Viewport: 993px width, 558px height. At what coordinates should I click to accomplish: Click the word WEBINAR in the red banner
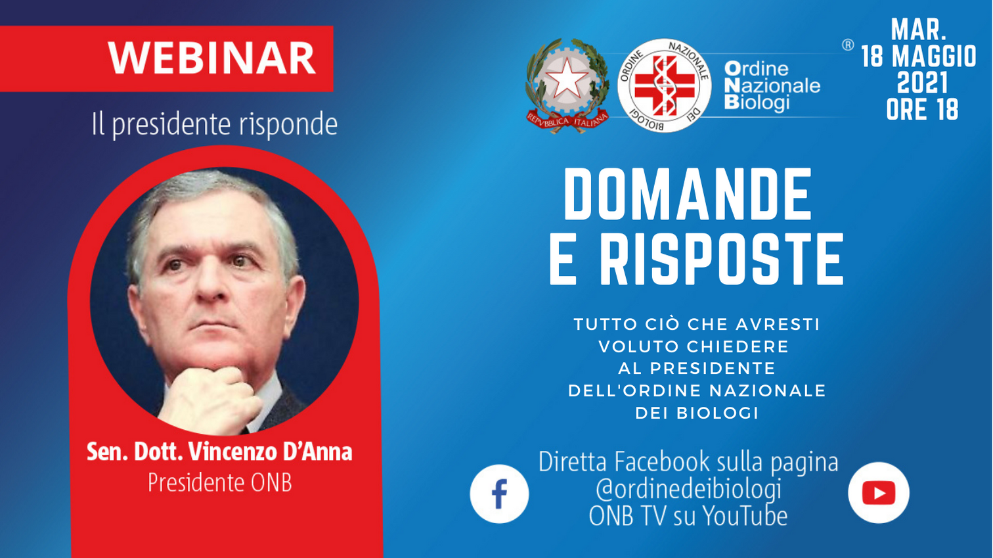212,58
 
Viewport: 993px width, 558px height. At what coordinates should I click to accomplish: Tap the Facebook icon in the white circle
499,494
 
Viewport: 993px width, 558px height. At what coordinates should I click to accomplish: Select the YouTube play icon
879,493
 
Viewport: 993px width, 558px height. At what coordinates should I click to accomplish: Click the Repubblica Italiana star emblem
567,85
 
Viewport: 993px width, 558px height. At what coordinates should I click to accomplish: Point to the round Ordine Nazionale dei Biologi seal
664,85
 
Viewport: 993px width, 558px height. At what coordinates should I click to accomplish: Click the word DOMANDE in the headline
688,195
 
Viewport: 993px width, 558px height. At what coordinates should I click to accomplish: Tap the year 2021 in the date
923,83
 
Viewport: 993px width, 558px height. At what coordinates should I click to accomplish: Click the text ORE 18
923,110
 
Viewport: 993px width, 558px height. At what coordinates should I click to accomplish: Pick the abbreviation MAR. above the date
919,30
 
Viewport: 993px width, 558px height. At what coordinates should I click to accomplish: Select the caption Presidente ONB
220,482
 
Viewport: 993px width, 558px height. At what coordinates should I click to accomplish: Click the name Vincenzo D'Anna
271,452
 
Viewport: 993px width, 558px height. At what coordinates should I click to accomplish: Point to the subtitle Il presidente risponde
215,124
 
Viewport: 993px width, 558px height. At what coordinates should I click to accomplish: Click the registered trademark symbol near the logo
848,45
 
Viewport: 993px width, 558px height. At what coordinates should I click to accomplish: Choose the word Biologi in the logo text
757,103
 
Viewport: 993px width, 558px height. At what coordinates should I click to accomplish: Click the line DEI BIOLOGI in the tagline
697,413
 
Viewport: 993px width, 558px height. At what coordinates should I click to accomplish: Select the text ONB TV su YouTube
688,516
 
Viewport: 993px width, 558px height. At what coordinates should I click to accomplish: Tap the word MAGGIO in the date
934,57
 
